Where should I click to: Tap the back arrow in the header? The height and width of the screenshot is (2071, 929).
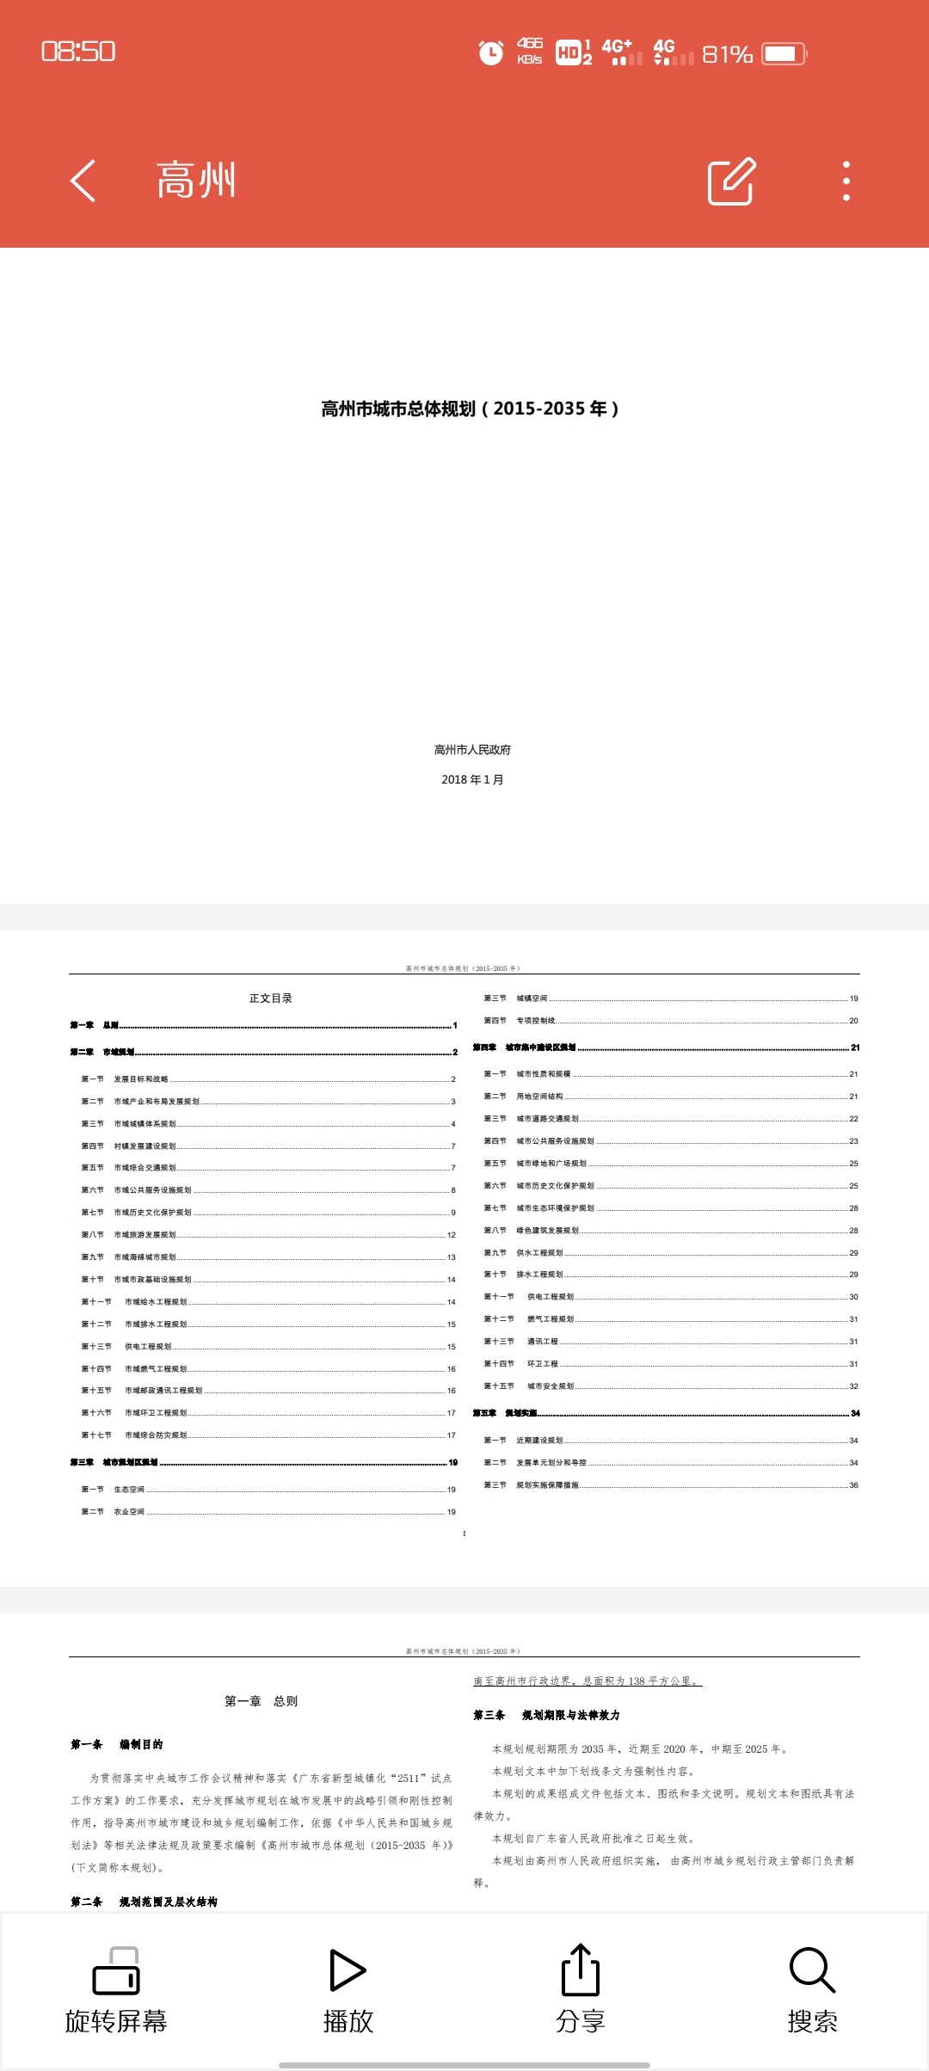pos(83,181)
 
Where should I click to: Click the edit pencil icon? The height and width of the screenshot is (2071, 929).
pos(731,181)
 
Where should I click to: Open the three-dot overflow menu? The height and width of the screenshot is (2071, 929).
pos(846,181)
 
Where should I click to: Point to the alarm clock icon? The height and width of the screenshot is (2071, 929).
pos(490,53)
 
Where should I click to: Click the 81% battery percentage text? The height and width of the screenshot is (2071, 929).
pos(727,54)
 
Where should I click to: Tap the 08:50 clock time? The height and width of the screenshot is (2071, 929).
pos(78,52)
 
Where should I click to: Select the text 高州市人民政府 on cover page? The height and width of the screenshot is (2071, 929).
pos(472,750)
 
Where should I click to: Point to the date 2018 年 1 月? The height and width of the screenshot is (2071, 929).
pos(472,779)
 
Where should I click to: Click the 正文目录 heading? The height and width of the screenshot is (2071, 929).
pos(271,999)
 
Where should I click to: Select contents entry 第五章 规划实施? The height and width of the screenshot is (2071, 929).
pos(505,1413)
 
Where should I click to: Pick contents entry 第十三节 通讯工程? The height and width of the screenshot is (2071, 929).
pos(521,1342)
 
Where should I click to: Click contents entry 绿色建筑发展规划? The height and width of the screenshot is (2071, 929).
pos(547,1231)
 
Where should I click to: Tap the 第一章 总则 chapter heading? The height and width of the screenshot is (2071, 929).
pos(261,1701)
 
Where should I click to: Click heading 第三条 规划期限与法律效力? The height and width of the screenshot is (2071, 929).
pos(546,1715)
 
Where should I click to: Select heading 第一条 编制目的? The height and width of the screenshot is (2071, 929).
pos(117,1744)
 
